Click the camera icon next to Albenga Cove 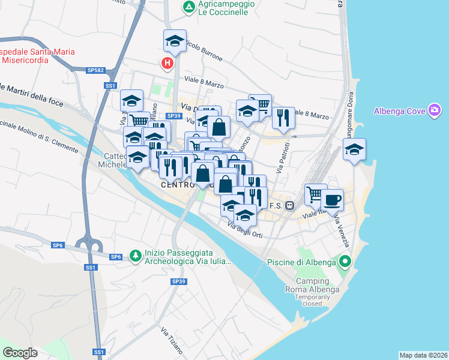(435, 110)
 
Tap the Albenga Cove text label (399, 111)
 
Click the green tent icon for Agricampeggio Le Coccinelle (189, 7)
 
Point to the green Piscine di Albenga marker (345, 262)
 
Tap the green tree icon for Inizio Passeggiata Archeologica (136, 256)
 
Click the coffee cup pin (332, 200)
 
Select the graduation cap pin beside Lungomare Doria (354, 149)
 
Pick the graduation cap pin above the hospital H (175, 41)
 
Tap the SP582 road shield (95, 70)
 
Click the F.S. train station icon (289, 205)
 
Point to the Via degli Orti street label (245, 230)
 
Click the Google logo (20, 352)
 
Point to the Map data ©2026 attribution (423, 355)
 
